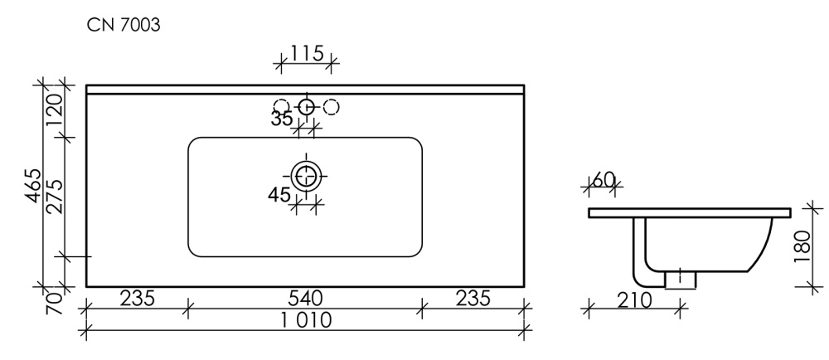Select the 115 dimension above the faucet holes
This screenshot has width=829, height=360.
pos(306,54)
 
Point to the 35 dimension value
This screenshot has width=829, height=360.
pos(282,119)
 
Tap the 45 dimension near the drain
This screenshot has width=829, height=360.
pos(279,196)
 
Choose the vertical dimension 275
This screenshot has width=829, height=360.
pos(54,197)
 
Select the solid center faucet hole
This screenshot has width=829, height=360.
pos(306,106)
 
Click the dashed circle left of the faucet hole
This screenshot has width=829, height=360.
pos(282,106)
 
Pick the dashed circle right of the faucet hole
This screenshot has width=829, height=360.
pos(331,106)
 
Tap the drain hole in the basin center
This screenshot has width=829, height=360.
pos(306,175)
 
